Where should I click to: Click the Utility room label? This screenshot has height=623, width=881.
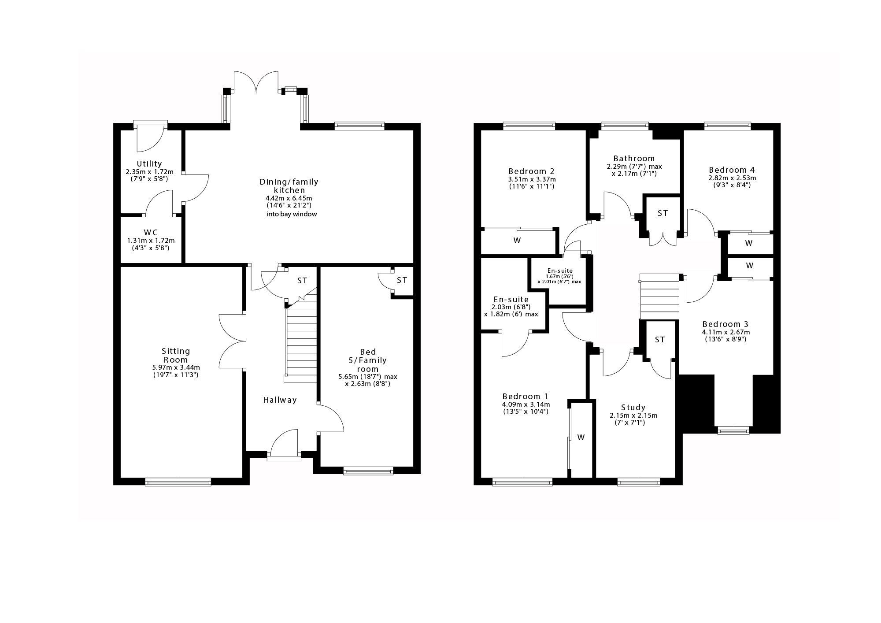point(149,163)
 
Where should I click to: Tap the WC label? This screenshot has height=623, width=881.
point(151,232)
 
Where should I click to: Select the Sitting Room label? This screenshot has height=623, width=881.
point(176,355)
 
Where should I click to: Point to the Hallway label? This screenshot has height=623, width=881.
point(280,400)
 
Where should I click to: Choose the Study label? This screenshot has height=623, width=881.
point(633,408)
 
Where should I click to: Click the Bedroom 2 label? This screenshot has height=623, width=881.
point(531,171)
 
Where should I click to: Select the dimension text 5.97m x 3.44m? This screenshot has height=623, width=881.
point(176,367)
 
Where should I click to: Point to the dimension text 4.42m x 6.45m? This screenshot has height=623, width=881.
point(289,198)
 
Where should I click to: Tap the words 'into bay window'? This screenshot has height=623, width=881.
point(292,215)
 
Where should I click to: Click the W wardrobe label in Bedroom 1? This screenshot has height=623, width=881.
point(581,437)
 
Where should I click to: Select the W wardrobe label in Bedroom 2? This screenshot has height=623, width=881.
point(517,241)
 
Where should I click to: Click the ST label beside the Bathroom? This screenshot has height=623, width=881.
point(663,213)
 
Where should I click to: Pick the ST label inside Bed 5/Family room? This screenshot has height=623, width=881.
point(402,280)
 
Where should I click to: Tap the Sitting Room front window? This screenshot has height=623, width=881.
point(178,482)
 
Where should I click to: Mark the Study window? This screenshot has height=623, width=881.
point(639,482)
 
